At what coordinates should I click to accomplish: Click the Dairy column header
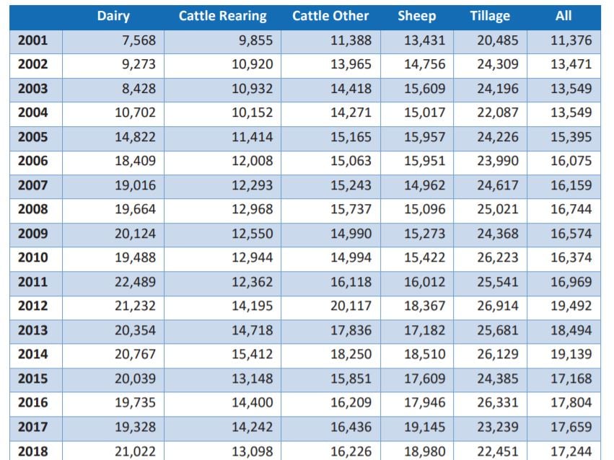(x=113, y=16)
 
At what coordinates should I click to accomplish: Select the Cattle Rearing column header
(x=222, y=16)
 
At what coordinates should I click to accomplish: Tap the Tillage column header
(x=489, y=16)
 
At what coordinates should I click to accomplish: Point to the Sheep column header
(x=416, y=16)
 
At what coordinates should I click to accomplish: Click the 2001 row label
(x=32, y=40)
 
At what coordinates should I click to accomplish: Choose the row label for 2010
(x=32, y=257)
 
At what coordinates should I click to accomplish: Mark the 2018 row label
(x=32, y=451)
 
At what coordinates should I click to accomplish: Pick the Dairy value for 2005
(x=135, y=137)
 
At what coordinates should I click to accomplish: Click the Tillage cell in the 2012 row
(x=498, y=306)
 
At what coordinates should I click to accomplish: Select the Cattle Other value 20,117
(x=351, y=306)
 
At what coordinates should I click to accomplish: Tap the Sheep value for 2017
(x=425, y=427)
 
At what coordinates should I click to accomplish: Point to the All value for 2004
(x=571, y=112)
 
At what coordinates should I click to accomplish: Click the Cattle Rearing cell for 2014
(x=252, y=354)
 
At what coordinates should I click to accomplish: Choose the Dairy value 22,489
(x=135, y=282)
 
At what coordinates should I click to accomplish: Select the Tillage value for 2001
(x=498, y=40)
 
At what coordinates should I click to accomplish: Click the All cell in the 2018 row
(x=571, y=451)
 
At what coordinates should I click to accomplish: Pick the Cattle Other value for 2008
(x=351, y=209)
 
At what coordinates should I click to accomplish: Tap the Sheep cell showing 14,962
(x=425, y=185)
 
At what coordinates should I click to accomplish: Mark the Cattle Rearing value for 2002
(x=252, y=64)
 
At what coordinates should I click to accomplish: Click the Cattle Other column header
(x=330, y=16)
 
